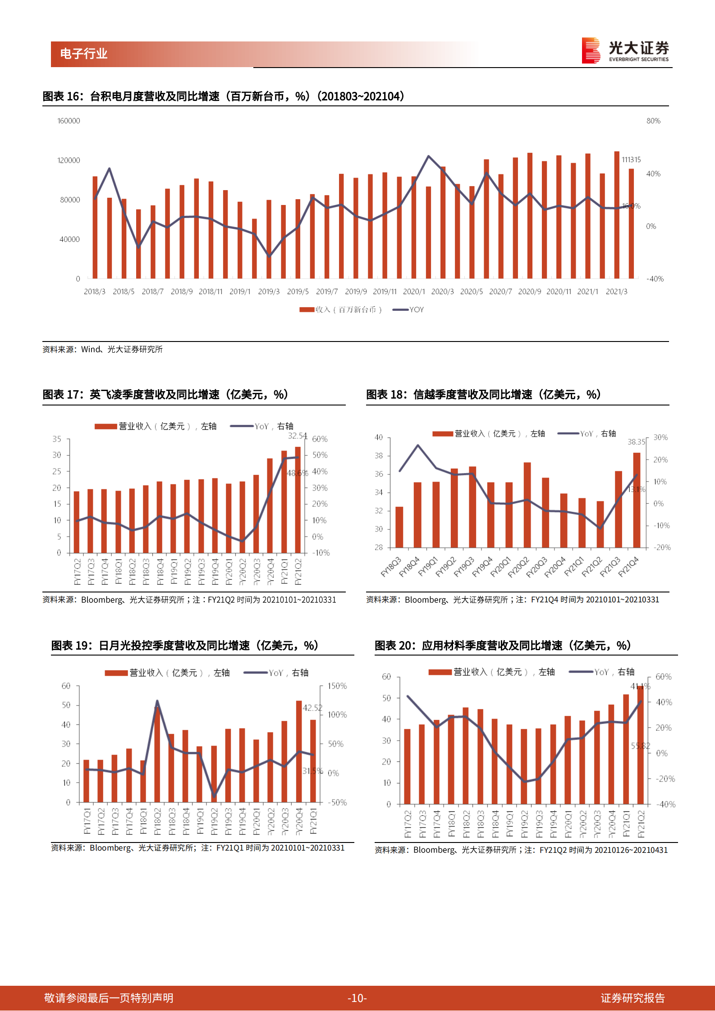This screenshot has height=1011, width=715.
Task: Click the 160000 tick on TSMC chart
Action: coord(69,121)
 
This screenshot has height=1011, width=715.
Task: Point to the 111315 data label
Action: coord(631,159)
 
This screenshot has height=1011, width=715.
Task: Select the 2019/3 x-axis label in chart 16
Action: coord(269,291)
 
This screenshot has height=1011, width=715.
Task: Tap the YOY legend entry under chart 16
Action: coord(408,310)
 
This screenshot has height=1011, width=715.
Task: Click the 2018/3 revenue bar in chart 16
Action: coord(95,228)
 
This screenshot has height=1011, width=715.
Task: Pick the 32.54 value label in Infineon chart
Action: coord(297,436)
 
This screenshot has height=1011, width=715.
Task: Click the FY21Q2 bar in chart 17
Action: coord(298,500)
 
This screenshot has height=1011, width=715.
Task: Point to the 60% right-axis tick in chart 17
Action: coord(320,439)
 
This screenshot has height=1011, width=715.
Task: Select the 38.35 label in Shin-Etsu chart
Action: coord(636,442)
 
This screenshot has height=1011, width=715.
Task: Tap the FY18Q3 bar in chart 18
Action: coord(399,527)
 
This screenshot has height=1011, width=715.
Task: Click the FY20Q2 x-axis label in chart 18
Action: coord(518,567)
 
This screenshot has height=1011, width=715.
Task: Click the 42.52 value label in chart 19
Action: coord(312,708)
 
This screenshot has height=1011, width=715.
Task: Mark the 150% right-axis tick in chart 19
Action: coord(337,686)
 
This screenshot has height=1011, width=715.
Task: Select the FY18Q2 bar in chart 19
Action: coord(157,755)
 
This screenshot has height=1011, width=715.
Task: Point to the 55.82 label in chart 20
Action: coord(640,746)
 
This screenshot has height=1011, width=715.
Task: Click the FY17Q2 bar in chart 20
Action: coord(407,766)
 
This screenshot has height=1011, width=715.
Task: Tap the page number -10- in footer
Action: coord(357,998)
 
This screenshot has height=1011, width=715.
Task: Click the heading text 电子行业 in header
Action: coord(84,54)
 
